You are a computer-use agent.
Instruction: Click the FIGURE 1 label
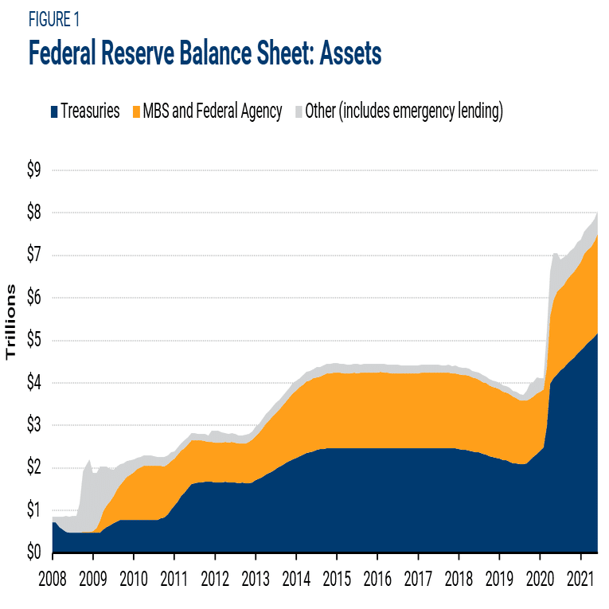pos(53,18)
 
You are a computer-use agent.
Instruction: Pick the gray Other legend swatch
pos(299,112)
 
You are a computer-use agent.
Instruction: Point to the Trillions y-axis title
pos(12,322)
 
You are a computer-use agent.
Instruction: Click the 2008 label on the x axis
pos(53,579)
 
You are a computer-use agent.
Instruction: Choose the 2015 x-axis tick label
pos(337,579)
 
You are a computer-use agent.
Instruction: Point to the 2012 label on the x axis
pos(215,579)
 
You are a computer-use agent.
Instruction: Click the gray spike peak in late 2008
pos(89,461)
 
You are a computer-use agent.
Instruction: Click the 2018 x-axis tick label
pos(459,579)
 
